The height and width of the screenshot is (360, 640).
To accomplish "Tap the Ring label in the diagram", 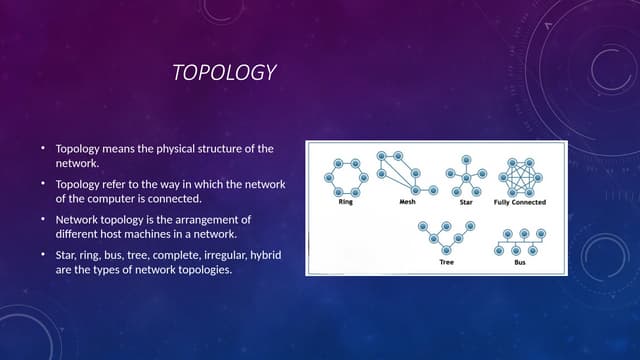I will click(345, 202).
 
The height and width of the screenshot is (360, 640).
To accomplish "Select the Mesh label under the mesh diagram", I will click(407, 202).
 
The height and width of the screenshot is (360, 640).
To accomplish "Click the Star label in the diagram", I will click(465, 202).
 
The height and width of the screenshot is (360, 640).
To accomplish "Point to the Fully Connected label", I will click(520, 202).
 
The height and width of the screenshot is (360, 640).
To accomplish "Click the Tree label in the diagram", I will click(446, 262).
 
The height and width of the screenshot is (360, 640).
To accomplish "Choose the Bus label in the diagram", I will click(519, 262).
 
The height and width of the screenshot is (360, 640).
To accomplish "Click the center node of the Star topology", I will click(466, 178).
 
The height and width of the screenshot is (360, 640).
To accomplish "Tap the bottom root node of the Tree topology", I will click(446, 250).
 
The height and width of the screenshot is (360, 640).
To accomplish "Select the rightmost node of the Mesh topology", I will click(433, 188).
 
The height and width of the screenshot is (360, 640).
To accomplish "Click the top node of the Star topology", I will click(466, 159).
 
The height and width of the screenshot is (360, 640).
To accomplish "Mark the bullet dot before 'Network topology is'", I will click(43, 219).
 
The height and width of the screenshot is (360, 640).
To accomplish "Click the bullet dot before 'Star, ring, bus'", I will click(43, 255).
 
